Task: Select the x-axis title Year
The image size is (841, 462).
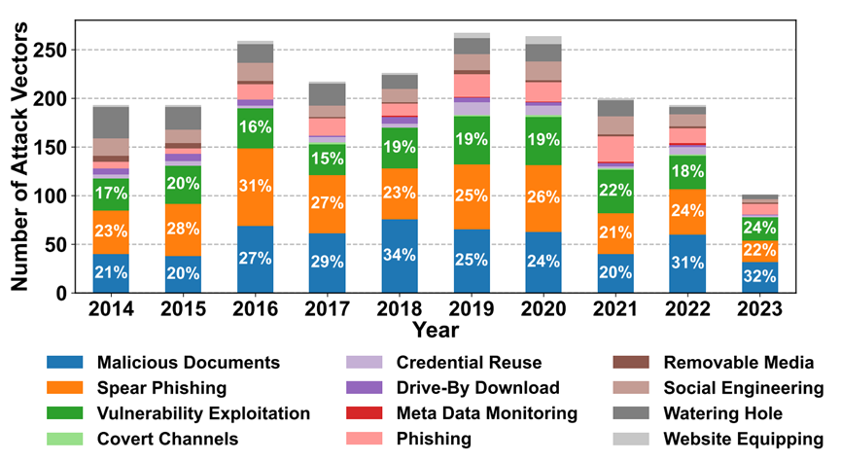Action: (x=435, y=330)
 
